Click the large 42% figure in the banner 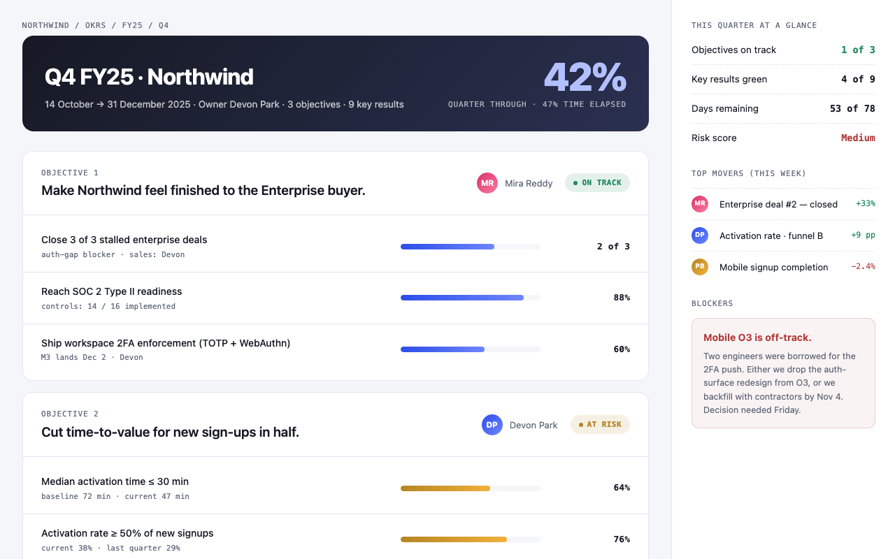[x=585, y=77]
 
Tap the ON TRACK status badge [x=597, y=183]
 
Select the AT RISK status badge [x=600, y=424]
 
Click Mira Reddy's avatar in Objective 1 [x=487, y=183]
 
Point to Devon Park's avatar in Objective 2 [x=492, y=425]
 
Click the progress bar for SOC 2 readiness [x=471, y=298]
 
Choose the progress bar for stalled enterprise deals [x=471, y=247]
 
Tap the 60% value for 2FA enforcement [x=622, y=349]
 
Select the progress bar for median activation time [x=471, y=488]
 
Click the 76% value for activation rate [x=622, y=539]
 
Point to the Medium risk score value [x=858, y=138]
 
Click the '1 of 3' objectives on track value [x=858, y=50]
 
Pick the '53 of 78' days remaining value [x=852, y=108]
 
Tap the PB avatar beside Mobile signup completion [x=700, y=267]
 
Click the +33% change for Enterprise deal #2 [x=866, y=203]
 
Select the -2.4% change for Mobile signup [x=863, y=266]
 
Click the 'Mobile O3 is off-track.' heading [x=757, y=337]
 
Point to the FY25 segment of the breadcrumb [x=132, y=25]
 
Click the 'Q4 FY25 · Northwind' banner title [x=149, y=77]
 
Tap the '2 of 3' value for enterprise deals [x=613, y=247]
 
